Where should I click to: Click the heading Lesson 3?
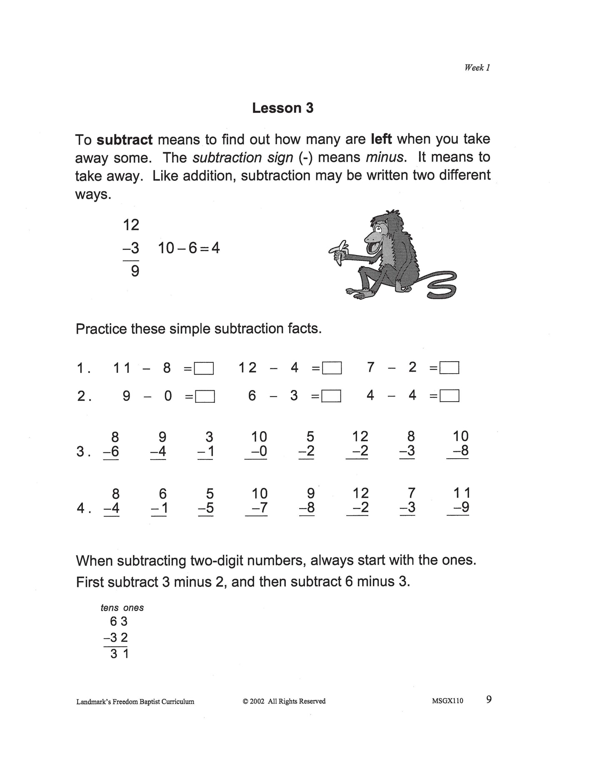pyautogui.click(x=282, y=108)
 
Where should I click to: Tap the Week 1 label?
pyautogui.click(x=477, y=67)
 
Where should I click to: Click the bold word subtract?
pyautogui.click(x=125, y=140)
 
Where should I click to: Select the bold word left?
pyautogui.click(x=381, y=139)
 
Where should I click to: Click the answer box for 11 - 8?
pyautogui.click(x=204, y=368)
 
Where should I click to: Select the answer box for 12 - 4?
pyautogui.click(x=332, y=368)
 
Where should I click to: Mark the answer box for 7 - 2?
pyautogui.click(x=450, y=368)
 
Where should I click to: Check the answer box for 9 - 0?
pyautogui.click(x=205, y=396)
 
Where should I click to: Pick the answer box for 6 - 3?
pyautogui.click(x=332, y=396)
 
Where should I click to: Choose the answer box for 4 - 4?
pyautogui.click(x=450, y=396)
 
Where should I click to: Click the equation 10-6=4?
pyautogui.click(x=189, y=248)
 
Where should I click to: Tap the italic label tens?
pyautogui.click(x=110, y=608)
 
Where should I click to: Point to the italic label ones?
pyautogui.click(x=133, y=608)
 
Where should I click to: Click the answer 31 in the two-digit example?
pyautogui.click(x=120, y=654)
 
